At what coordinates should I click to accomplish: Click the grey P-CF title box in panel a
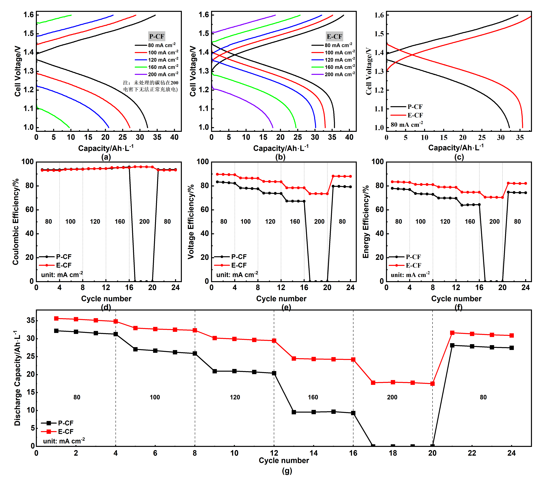tap(157, 36)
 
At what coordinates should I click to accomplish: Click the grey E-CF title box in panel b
tap(334, 36)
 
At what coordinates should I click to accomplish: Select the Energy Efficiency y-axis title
tap(366, 222)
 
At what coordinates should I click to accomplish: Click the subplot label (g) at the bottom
tap(287, 471)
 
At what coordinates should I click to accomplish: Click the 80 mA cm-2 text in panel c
tap(407, 125)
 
